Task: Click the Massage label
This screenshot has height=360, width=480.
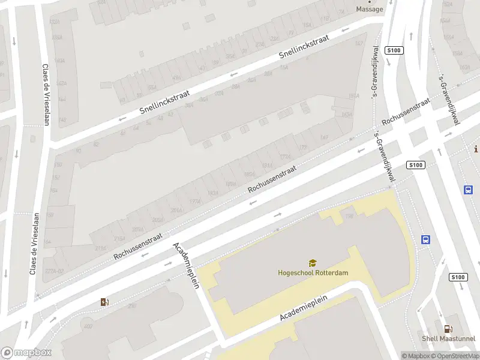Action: pos(369,9)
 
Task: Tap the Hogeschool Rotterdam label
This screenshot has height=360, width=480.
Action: pos(313,272)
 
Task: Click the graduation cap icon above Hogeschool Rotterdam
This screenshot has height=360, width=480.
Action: pos(313,263)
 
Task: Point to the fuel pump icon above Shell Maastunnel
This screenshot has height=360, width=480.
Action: pos(448,329)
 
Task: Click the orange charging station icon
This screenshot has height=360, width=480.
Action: pos(105,302)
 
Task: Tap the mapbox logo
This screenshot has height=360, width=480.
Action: pos(26,353)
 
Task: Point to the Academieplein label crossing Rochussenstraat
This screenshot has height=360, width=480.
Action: pos(185,266)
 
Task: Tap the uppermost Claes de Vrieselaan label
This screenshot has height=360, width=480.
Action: pos(45,94)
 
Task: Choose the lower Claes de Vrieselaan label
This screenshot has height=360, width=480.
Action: pos(34,244)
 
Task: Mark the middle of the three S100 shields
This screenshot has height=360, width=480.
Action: pos(415,165)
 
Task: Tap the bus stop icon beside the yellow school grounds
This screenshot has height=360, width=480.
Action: pos(425,239)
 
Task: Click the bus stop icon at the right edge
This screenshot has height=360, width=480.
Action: pos(468,190)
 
